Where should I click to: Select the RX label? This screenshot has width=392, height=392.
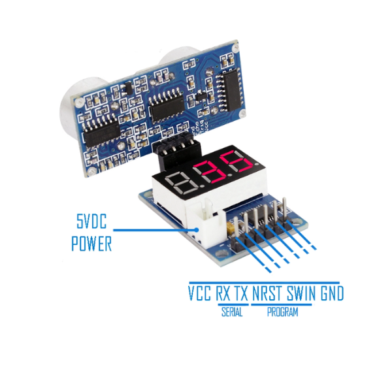223,292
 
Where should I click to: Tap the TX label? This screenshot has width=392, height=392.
241,292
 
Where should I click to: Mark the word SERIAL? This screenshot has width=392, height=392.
232,312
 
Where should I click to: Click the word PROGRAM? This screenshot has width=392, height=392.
282,312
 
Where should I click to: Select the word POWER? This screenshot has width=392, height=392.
91,245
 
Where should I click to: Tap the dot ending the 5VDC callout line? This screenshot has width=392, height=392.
199,228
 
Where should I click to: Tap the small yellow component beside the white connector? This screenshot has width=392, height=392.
230,229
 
